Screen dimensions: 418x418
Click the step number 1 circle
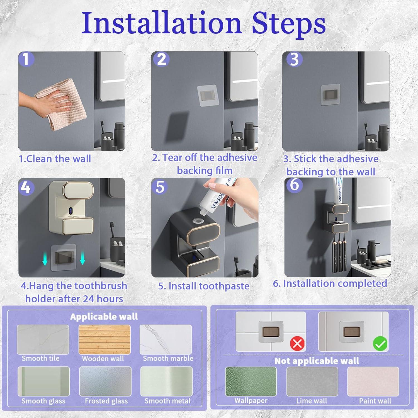click(26, 59)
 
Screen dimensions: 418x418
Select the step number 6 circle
click(294, 185)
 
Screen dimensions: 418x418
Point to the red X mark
click(297, 344)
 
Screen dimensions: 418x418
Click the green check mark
click(380, 344)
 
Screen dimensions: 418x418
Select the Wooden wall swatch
click(104, 339)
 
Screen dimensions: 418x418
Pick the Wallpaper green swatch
click(251, 381)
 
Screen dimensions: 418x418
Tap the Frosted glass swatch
click(105, 381)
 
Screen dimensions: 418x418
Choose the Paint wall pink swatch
click(373, 381)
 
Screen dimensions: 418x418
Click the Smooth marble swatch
click(166, 339)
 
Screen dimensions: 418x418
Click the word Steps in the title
click(289, 23)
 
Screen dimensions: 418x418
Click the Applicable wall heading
click(104, 317)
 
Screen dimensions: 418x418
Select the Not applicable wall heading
click(317, 361)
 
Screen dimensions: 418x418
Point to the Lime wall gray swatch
click(312, 381)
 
